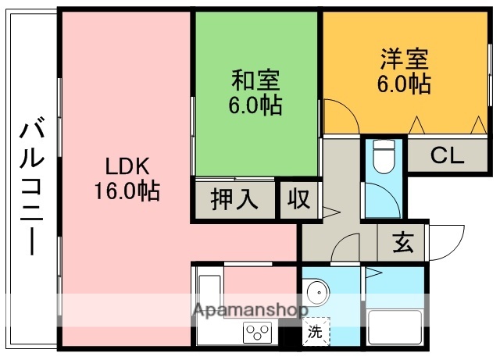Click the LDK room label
(x=126, y=166)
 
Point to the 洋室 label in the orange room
(x=404, y=60)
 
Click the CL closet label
(x=446, y=156)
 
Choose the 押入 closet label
(x=234, y=199)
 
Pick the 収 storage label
(x=298, y=199)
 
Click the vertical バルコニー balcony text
(x=31, y=186)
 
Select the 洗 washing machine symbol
(x=314, y=331)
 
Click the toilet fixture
(x=384, y=158)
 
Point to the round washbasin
(x=318, y=294)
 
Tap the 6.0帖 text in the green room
(x=255, y=104)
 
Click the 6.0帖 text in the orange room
(x=404, y=83)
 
